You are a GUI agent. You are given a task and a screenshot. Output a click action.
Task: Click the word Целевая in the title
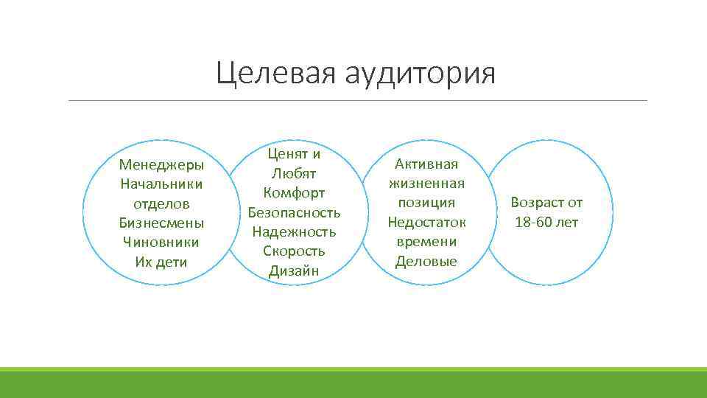tap(271, 74)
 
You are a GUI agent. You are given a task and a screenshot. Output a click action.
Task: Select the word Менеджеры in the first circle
tap(161, 164)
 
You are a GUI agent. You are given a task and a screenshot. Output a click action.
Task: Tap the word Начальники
tap(161, 184)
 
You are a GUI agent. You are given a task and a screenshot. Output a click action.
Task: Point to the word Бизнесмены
tap(161, 223)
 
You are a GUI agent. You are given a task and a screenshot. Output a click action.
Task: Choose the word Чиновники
tap(161, 242)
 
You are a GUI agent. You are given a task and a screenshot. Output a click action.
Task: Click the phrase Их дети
tap(161, 262)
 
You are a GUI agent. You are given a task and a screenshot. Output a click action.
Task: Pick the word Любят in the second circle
tap(294, 174)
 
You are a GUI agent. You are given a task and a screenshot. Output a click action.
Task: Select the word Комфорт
tap(294, 193)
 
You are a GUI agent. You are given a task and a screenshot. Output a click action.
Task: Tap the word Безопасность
tap(294, 212)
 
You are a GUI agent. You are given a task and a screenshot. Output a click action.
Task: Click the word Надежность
tap(294, 231)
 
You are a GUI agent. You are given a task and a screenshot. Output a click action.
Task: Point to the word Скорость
tap(294, 251)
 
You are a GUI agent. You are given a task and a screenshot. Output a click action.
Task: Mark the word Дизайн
tap(294, 270)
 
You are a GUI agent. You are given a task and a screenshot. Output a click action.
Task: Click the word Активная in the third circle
tap(426, 164)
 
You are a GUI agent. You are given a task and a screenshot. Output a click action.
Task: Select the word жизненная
tap(426, 183)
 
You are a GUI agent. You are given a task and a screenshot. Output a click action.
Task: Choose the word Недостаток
tap(426, 222)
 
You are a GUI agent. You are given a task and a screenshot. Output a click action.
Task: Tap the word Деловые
tap(426, 261)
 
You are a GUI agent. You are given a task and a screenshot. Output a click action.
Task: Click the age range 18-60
tap(533, 222)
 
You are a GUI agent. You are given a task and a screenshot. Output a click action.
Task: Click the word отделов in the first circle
tap(161, 203)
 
